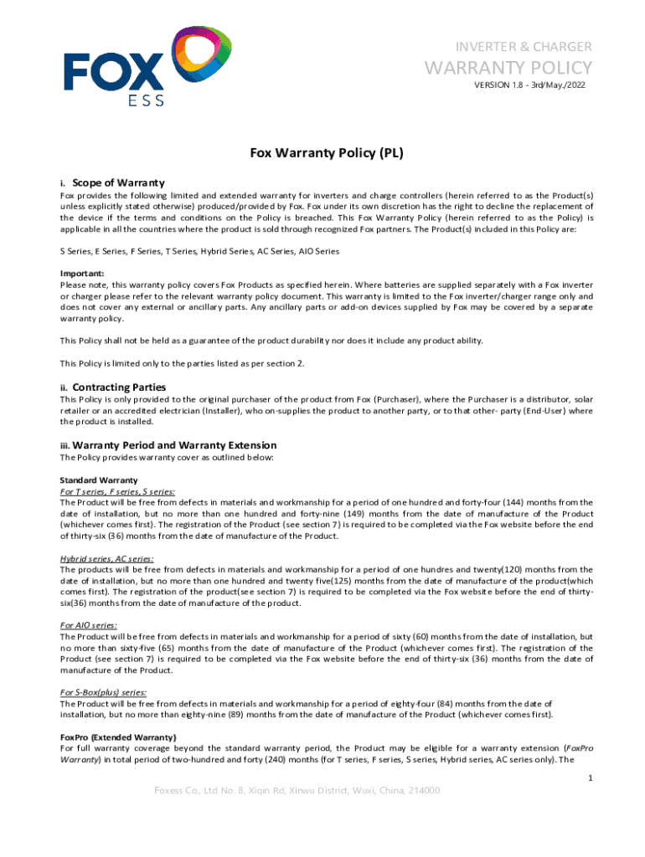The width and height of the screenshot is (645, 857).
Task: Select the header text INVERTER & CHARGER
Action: click(x=523, y=46)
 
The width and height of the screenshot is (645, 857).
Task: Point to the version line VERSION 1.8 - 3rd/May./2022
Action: click(x=529, y=85)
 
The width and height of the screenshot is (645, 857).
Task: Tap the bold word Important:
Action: click(x=82, y=273)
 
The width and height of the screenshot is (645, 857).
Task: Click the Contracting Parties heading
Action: click(x=119, y=387)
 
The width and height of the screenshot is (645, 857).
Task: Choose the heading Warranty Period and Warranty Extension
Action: click(x=174, y=445)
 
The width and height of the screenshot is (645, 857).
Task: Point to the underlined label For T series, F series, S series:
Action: click(x=117, y=491)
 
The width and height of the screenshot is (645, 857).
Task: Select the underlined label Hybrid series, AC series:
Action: click(x=106, y=558)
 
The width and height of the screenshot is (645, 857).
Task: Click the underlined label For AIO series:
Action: click(x=88, y=625)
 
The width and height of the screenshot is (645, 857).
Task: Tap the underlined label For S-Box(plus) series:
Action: click(x=103, y=692)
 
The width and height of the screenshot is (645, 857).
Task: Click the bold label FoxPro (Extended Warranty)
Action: click(x=118, y=736)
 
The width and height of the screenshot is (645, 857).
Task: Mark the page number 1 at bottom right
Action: click(x=591, y=778)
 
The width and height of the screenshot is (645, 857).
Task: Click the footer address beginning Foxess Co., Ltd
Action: click(x=297, y=791)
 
